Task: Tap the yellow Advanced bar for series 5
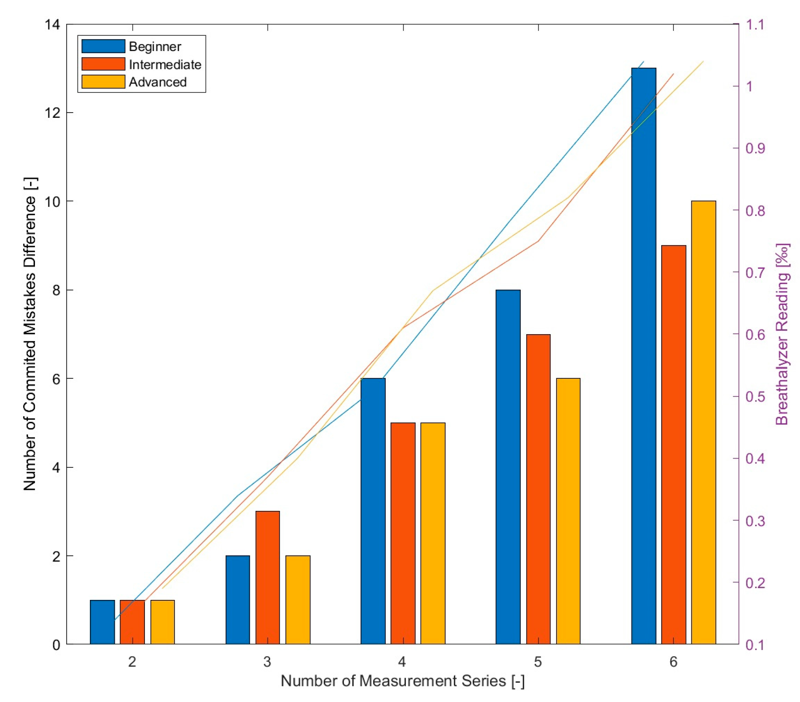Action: click(568, 511)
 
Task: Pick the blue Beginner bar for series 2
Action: click(102, 622)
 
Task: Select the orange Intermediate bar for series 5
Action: click(538, 489)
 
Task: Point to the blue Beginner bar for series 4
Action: click(373, 511)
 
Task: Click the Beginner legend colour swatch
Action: click(103, 46)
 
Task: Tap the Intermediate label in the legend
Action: click(165, 65)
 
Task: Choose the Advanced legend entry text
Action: click(158, 82)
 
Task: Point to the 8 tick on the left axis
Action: click(56, 290)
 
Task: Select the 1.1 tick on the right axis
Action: click(755, 24)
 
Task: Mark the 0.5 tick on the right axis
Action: click(755, 397)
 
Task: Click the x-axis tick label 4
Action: click(402, 662)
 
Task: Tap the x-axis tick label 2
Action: click(132, 662)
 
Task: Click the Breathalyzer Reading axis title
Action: click(782, 334)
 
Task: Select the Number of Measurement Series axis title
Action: click(402, 681)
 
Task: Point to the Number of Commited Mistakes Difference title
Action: click(30, 334)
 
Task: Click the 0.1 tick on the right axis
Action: click(755, 644)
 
